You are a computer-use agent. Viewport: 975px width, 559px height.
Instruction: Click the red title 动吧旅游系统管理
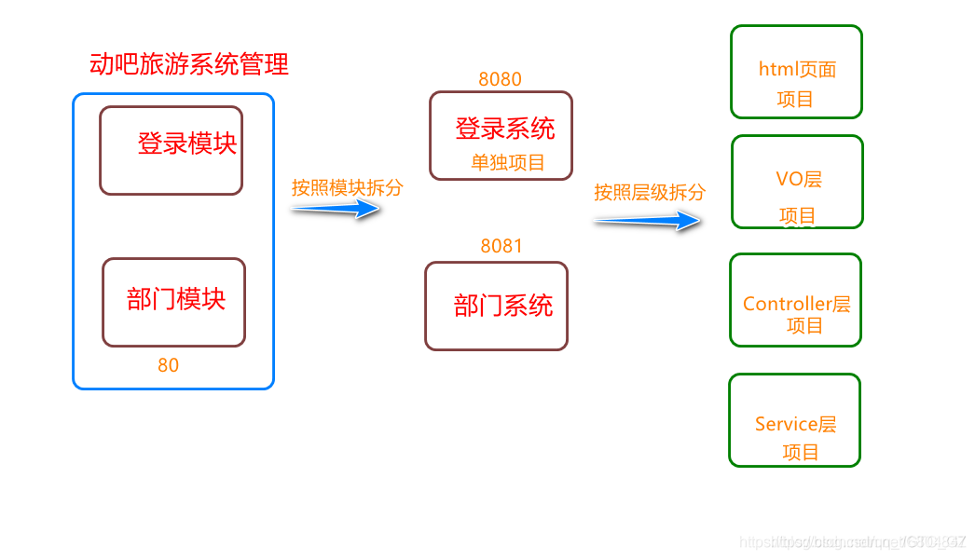coord(189,64)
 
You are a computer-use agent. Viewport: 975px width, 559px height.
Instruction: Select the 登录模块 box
coord(171,150)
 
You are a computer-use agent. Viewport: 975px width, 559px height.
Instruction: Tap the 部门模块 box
coord(173,302)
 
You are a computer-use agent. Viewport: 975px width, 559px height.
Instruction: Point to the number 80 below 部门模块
coord(168,365)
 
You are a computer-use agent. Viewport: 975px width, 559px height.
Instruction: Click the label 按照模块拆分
coord(347,187)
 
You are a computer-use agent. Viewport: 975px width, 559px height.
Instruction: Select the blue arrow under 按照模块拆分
coord(336,210)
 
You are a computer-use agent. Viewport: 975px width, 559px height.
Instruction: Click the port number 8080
coord(500,79)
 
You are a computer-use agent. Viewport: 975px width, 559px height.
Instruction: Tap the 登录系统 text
coord(504,129)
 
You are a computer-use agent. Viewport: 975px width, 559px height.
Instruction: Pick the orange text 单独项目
coord(508,162)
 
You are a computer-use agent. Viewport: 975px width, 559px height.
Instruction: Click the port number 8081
coord(501,246)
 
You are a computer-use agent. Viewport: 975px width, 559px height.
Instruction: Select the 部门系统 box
coord(496,306)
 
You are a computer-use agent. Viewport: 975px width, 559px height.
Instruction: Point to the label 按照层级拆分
coord(650,193)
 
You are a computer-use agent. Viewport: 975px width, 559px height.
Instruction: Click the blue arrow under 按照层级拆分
coord(647,221)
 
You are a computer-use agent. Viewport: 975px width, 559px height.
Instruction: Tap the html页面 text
coord(797,69)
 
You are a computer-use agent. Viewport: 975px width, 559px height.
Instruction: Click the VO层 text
coord(799,179)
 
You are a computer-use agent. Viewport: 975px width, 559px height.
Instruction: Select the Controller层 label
coord(796,304)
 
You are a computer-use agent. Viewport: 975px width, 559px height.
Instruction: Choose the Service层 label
coord(795,424)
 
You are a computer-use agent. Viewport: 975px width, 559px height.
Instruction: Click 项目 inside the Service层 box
coord(800,452)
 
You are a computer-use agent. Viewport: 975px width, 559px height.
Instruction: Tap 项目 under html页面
coord(795,99)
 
